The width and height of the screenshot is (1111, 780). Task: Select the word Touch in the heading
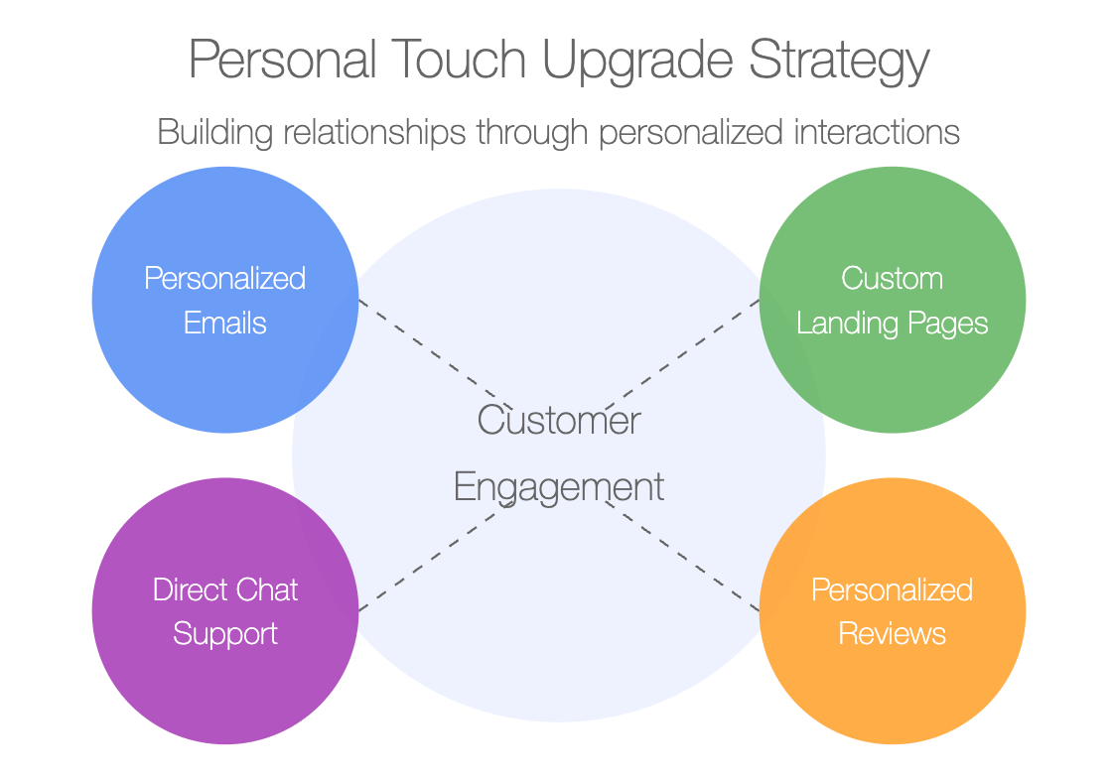459,59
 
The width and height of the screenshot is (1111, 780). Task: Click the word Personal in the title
282,59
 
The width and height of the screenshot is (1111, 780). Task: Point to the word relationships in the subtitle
375,133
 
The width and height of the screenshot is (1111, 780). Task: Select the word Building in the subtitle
215,133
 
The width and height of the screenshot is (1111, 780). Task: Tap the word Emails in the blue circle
225,324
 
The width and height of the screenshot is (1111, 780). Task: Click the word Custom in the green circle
892,279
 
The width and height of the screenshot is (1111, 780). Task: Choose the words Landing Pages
892,325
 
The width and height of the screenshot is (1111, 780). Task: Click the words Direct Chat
225,589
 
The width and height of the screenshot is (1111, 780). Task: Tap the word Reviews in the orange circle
892,634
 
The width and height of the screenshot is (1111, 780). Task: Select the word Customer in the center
559,420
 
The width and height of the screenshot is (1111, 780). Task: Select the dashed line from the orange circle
682,557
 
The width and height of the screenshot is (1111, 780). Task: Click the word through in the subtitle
533,133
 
